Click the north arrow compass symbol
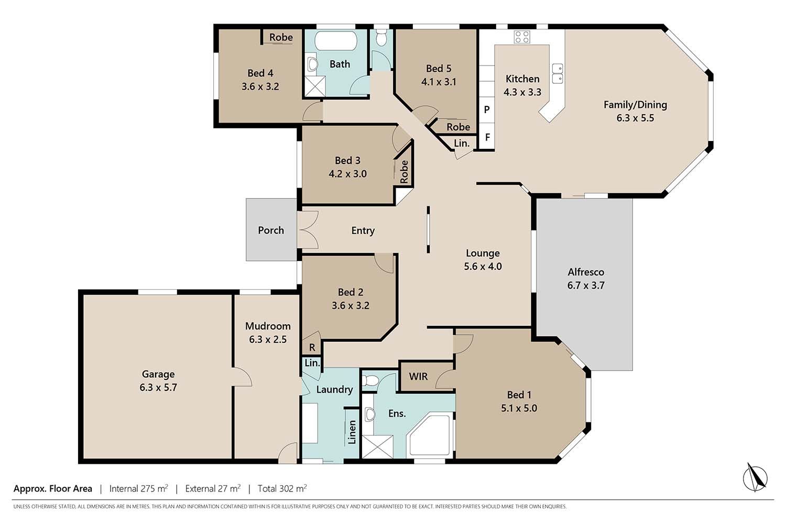[x=755, y=478]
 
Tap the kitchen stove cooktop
[x=522, y=37]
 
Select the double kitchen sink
[x=558, y=73]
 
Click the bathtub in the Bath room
[x=336, y=41]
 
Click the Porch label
[x=271, y=230]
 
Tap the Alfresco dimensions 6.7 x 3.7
[x=586, y=285]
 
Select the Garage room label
[x=158, y=374]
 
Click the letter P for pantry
[x=487, y=110]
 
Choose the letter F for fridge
[x=487, y=137]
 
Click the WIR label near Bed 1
[x=418, y=376]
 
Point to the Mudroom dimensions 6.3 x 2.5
[x=268, y=340]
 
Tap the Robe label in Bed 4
[x=281, y=37]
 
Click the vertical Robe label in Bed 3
[x=404, y=172]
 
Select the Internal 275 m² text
[x=139, y=488]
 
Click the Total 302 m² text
[x=282, y=488]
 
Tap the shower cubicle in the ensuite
[x=377, y=446]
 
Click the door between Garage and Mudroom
[x=242, y=377]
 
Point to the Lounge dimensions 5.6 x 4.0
[x=483, y=266]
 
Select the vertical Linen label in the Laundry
[x=352, y=432]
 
